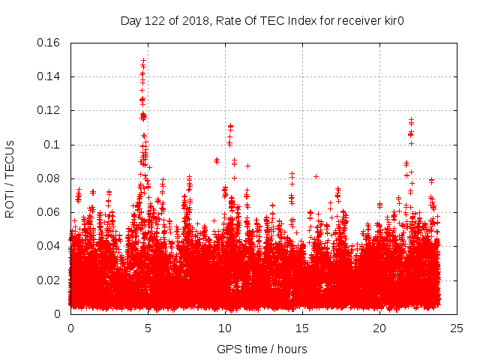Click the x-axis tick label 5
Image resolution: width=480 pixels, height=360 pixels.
coord(148,328)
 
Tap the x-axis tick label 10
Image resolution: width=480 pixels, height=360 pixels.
coord(225,328)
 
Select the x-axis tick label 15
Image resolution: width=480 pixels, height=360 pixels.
coord(302,328)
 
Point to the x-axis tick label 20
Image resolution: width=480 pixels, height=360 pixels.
coord(379,328)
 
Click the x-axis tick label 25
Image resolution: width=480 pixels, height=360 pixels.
coord(457,328)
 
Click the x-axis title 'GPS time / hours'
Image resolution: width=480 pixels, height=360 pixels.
coord(262,349)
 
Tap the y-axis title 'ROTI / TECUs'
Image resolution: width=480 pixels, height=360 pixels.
coord(10,178)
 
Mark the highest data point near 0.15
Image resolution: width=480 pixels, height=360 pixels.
coord(142,59)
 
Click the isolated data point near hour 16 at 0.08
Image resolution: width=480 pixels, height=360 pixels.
coord(316,176)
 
